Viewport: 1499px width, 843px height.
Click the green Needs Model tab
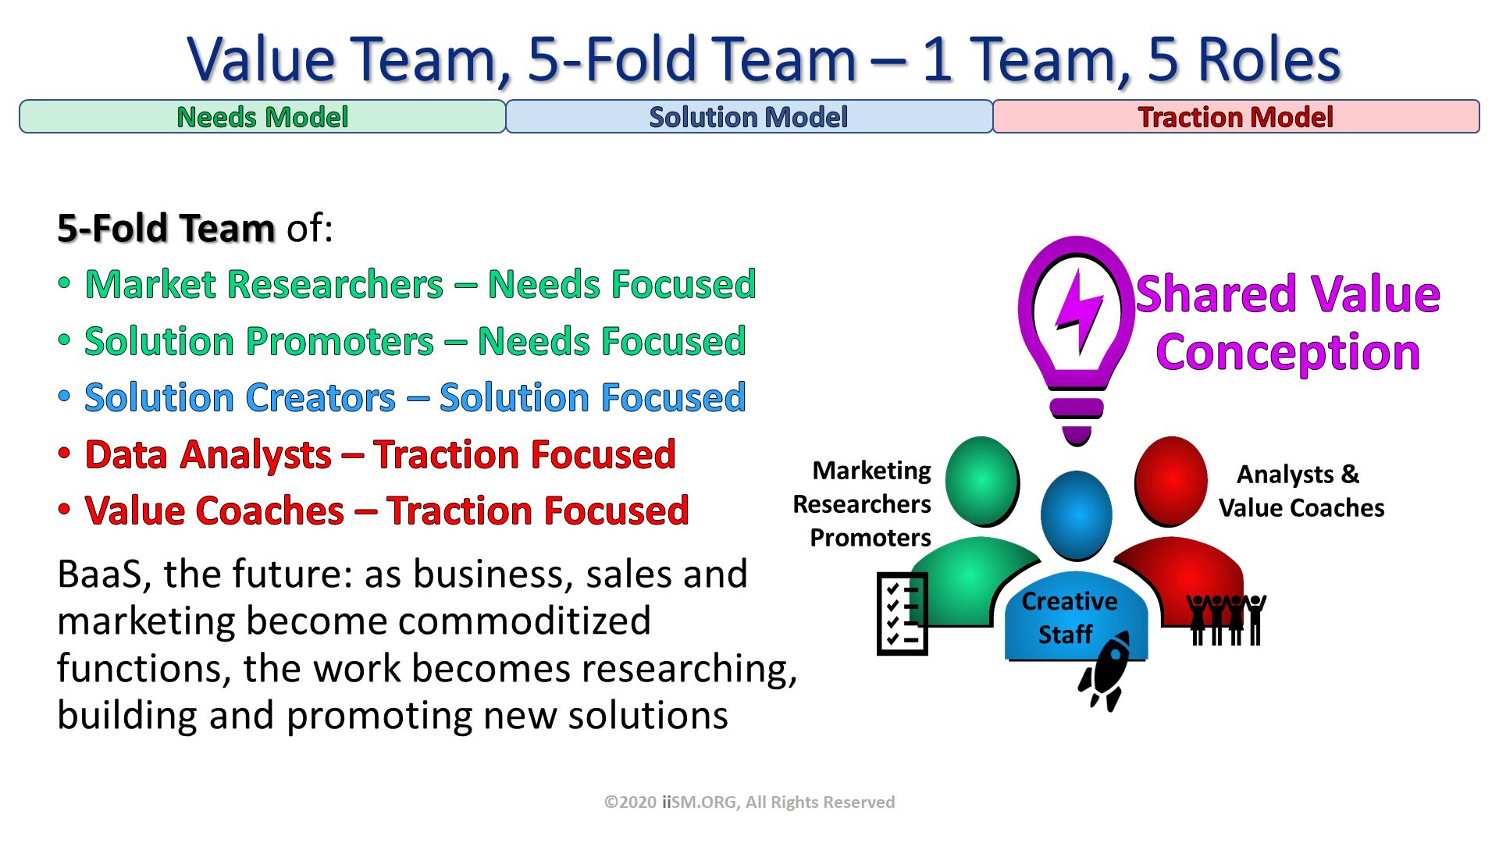pos(262,117)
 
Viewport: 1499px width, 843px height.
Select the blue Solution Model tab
pos(748,117)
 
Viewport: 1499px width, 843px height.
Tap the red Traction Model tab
pos(1235,117)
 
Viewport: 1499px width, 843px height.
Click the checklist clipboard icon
pos(903,614)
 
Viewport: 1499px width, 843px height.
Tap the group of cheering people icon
pos(1226,619)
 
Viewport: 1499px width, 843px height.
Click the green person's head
pos(981,480)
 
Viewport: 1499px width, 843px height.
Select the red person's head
pos(1170,480)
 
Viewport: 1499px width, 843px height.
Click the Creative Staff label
pos(1068,617)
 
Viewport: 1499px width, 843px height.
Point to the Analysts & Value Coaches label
pos(1301,491)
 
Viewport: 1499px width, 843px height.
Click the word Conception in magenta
pos(1287,352)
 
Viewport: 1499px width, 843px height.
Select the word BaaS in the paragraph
pos(99,574)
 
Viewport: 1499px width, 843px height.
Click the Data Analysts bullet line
pos(379,454)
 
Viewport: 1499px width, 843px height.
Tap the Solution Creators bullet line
pos(415,397)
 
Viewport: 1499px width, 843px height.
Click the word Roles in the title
pos(1268,59)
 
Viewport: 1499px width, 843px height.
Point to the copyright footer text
pos(749,802)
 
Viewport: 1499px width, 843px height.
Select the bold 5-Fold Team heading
pos(166,228)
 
